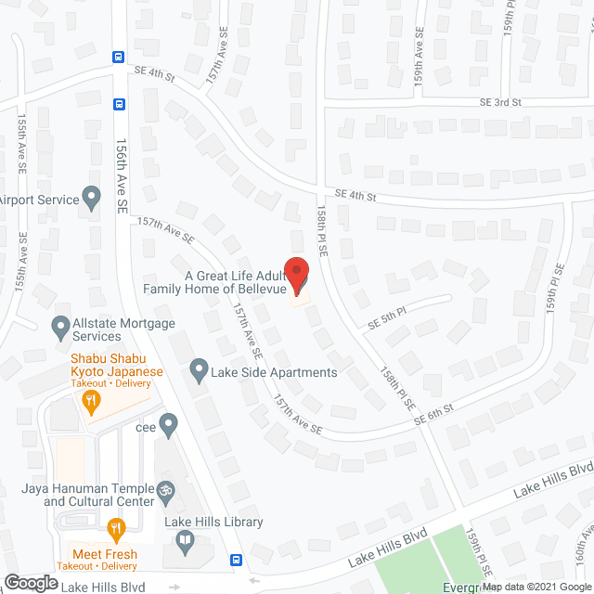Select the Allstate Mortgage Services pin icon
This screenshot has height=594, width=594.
(x=60, y=327)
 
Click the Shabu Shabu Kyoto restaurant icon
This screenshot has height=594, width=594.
(x=91, y=402)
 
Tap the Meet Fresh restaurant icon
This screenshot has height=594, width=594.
(x=116, y=531)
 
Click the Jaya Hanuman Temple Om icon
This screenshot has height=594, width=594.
(x=167, y=489)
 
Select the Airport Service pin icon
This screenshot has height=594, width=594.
(x=91, y=198)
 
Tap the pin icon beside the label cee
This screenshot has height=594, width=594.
(x=168, y=427)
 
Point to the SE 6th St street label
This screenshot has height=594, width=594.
(x=434, y=415)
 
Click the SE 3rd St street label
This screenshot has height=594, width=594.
(x=500, y=102)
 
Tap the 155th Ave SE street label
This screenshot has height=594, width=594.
(x=21, y=144)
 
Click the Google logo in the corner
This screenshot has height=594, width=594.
(x=31, y=582)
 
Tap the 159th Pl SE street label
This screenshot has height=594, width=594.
(x=555, y=288)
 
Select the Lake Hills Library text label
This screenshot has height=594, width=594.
(x=213, y=523)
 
